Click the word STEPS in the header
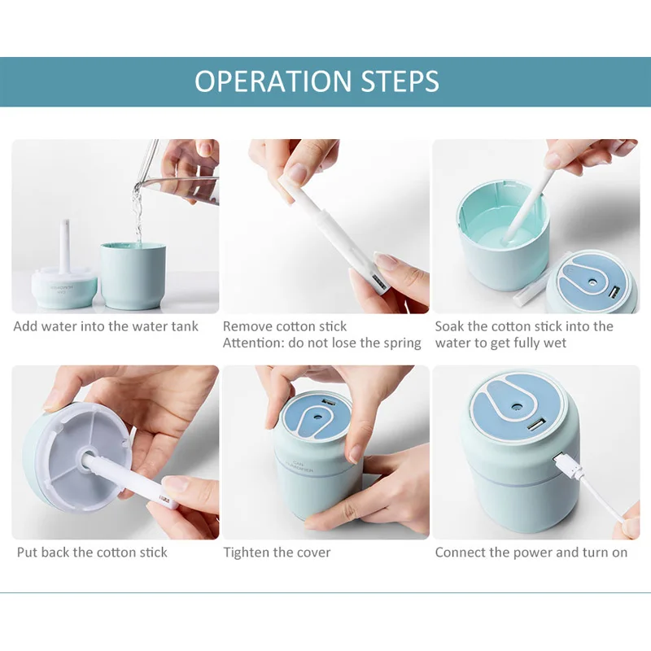[400, 81]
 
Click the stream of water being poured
[137, 216]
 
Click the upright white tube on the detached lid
[63, 246]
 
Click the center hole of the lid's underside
[87, 454]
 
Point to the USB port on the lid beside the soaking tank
[613, 292]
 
